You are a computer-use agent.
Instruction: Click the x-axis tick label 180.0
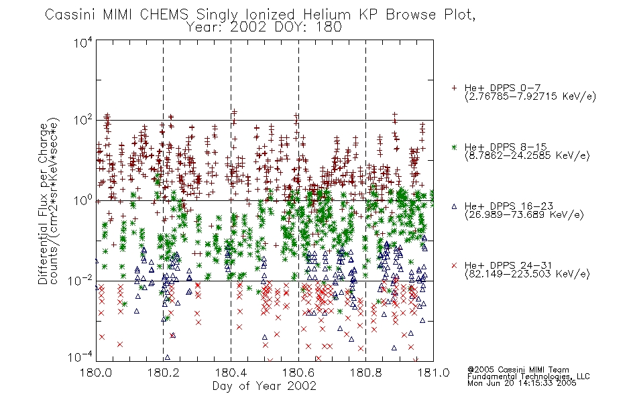click(x=96, y=373)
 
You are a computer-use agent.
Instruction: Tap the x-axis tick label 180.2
click(x=164, y=373)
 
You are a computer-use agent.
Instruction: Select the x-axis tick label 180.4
click(x=231, y=373)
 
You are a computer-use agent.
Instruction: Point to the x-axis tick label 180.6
click(x=298, y=373)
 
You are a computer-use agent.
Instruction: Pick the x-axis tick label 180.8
click(x=365, y=373)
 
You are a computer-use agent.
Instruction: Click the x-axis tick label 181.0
click(x=433, y=373)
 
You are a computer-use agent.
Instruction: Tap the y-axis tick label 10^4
click(x=83, y=42)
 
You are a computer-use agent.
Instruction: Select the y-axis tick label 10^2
click(x=83, y=121)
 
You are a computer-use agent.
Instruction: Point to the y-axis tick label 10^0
click(x=83, y=200)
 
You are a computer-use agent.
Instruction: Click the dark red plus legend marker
click(x=454, y=88)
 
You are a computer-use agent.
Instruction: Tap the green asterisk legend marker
click(x=454, y=147)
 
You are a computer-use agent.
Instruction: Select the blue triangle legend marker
click(x=454, y=206)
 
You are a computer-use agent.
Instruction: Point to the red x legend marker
click(x=454, y=265)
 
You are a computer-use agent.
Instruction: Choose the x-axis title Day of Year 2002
click(x=264, y=386)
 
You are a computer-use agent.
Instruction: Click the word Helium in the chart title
click(x=327, y=14)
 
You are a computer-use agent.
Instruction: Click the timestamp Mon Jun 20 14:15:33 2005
click(x=522, y=383)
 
